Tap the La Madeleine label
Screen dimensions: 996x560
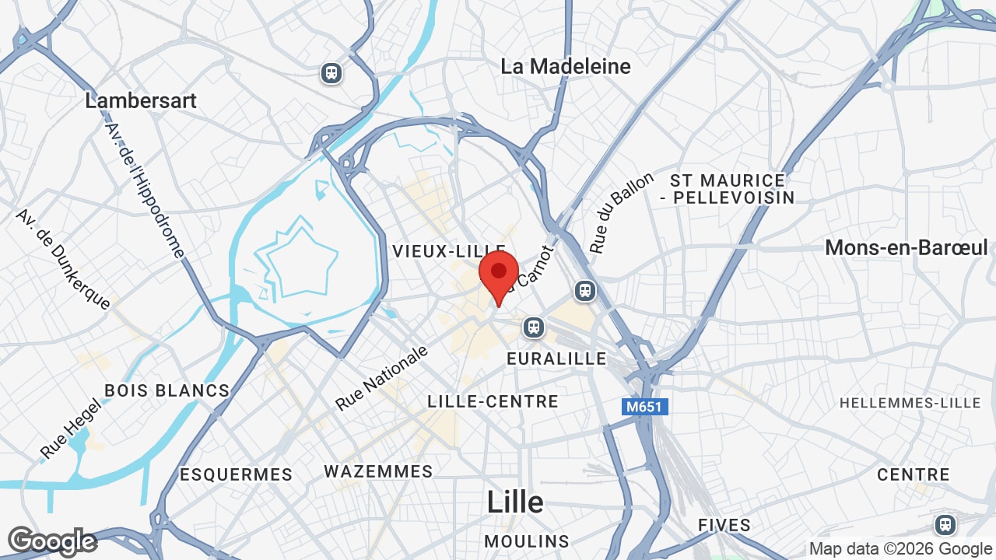pyautogui.click(x=566, y=67)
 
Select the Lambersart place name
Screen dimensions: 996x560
pyautogui.click(x=141, y=101)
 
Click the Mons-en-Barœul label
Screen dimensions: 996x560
pyautogui.click(x=906, y=248)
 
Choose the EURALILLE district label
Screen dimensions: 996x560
pyautogui.click(x=556, y=359)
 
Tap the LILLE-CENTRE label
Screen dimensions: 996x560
pyautogui.click(x=493, y=402)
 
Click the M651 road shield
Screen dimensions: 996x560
pyautogui.click(x=645, y=407)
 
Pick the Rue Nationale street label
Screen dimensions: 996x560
pyautogui.click(x=382, y=378)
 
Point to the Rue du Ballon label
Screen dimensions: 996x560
pyautogui.click(x=621, y=212)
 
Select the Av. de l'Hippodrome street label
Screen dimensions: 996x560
pyautogui.click(x=146, y=190)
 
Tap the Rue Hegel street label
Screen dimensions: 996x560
pyautogui.click(x=71, y=429)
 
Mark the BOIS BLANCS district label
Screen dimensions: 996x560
pyautogui.click(x=167, y=390)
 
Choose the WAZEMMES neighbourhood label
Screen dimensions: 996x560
pyautogui.click(x=378, y=472)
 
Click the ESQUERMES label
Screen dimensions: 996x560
pyautogui.click(x=236, y=474)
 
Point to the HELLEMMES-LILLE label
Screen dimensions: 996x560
pyautogui.click(x=910, y=403)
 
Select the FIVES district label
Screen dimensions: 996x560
pyautogui.click(x=724, y=525)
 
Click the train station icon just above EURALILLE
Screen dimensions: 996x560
pyautogui.click(x=534, y=327)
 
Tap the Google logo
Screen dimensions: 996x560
pyautogui.click(x=52, y=541)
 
